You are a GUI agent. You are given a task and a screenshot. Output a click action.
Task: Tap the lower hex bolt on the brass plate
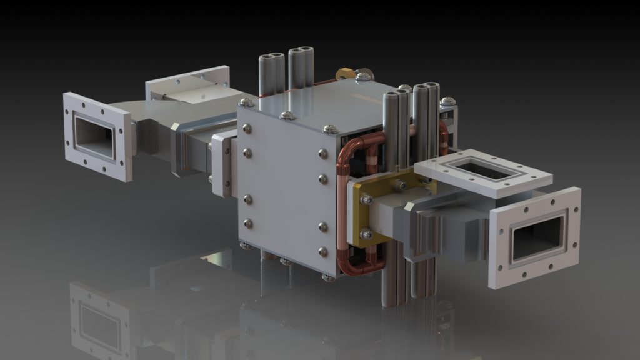[367, 234]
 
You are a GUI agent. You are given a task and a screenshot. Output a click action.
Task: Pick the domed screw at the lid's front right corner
[328, 129]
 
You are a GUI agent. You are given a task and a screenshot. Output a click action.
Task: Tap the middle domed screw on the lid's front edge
[287, 116]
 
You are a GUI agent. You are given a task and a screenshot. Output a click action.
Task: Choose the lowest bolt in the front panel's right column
[322, 252]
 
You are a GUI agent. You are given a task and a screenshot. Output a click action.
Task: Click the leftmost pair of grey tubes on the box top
[271, 72]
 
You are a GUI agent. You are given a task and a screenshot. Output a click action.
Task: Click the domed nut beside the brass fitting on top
[364, 77]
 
